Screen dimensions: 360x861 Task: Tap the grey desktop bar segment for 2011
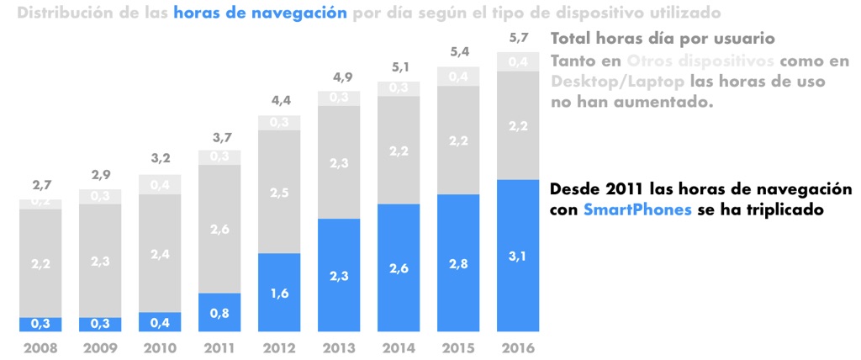click(219, 228)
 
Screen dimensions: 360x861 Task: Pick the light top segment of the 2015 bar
click(457, 77)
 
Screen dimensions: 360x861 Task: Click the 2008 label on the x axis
click(40, 347)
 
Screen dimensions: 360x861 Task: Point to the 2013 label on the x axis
click(338, 347)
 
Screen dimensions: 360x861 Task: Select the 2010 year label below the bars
click(159, 347)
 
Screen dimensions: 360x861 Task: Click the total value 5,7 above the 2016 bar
click(517, 39)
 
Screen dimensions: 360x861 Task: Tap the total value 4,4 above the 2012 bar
click(278, 101)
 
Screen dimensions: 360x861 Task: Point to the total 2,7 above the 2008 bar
click(40, 185)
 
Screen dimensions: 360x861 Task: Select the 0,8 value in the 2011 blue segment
click(219, 313)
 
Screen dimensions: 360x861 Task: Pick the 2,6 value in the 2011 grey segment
click(219, 228)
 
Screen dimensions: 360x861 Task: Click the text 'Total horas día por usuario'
click(661, 39)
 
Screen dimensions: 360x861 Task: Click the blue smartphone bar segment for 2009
click(99, 324)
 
